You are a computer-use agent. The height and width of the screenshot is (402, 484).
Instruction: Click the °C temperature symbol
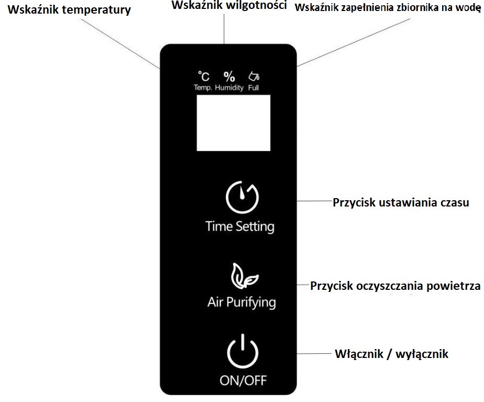pyautogui.click(x=203, y=77)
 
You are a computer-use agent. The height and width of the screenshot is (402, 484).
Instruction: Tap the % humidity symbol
pyautogui.click(x=229, y=77)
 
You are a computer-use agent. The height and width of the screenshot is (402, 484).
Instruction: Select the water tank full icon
pyautogui.click(x=254, y=77)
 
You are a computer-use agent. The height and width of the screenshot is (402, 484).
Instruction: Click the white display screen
pyautogui.click(x=233, y=123)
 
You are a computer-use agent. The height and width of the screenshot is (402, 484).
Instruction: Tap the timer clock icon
pyautogui.click(x=241, y=197)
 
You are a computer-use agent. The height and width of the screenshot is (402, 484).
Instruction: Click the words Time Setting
pyautogui.click(x=240, y=226)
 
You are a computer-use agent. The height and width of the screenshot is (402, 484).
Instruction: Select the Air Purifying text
pyautogui.click(x=241, y=302)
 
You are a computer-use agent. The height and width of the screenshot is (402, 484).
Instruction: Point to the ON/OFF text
pyautogui.click(x=243, y=380)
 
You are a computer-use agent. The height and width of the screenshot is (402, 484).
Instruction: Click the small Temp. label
pyautogui.click(x=203, y=88)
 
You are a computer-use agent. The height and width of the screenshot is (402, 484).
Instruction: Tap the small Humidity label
pyautogui.click(x=229, y=88)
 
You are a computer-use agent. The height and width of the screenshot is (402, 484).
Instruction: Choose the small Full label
pyautogui.click(x=254, y=88)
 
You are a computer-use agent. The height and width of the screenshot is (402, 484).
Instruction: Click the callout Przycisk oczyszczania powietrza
pyautogui.click(x=395, y=286)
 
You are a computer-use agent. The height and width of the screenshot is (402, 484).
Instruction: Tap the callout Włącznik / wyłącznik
pyautogui.click(x=392, y=354)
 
